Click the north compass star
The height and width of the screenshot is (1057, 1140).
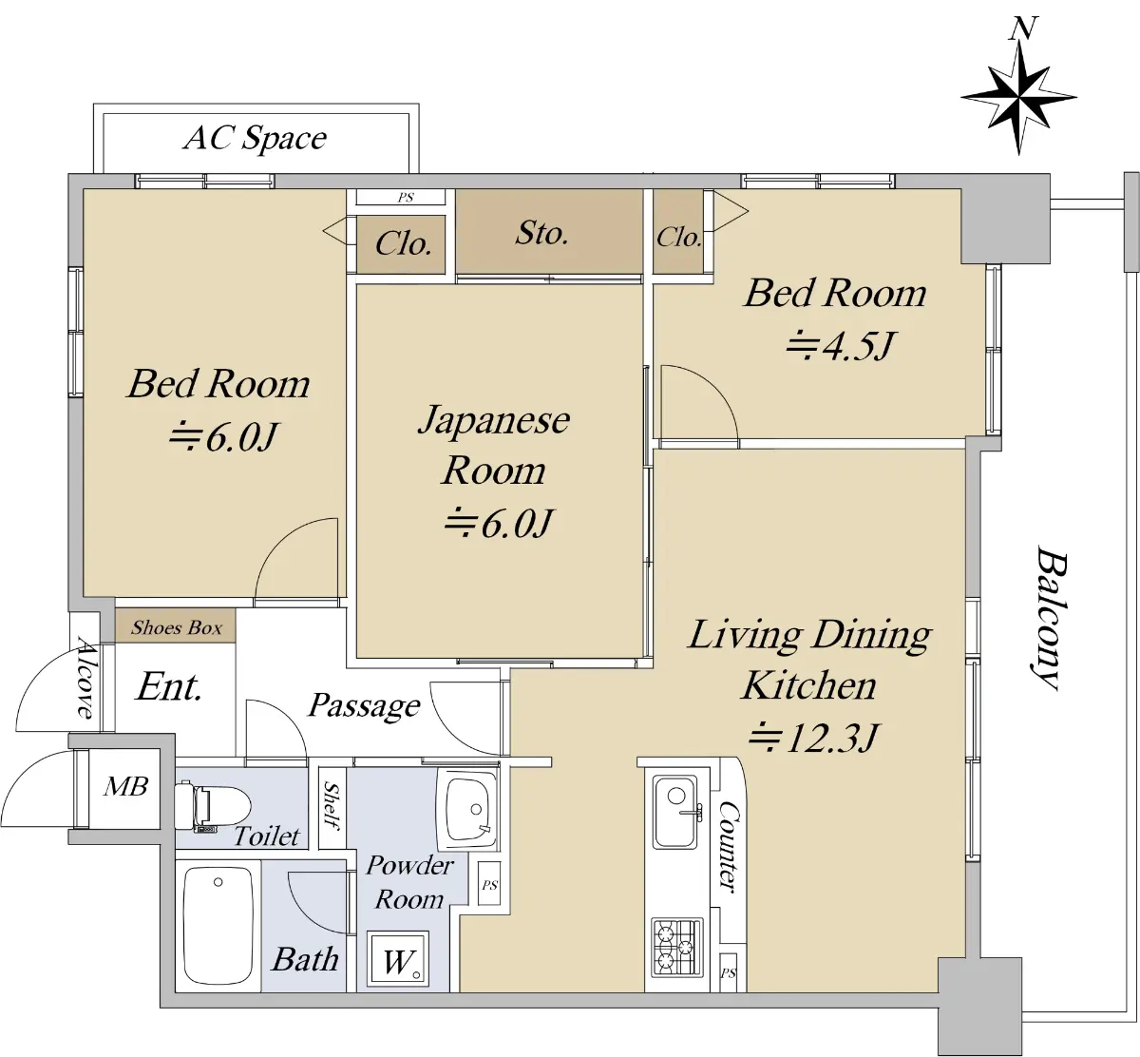[1019, 98]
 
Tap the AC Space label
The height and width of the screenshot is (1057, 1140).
[256, 139]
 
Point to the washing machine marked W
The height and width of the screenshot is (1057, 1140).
[397, 959]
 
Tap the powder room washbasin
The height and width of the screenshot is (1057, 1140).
[467, 808]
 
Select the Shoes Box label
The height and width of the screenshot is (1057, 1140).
[176, 628]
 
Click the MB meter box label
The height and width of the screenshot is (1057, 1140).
[125, 786]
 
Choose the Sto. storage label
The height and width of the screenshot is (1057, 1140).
[541, 233]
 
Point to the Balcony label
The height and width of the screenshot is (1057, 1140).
[1050, 618]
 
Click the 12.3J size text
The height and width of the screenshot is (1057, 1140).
[813, 739]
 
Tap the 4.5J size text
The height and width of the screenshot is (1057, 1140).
[841, 346]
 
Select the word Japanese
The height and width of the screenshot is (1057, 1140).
[494, 420]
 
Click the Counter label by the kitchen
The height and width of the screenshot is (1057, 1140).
[731, 847]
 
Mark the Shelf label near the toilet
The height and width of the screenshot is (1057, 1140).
[332, 806]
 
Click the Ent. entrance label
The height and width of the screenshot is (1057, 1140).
[169, 686]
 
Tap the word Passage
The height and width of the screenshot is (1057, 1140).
[365, 705]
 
